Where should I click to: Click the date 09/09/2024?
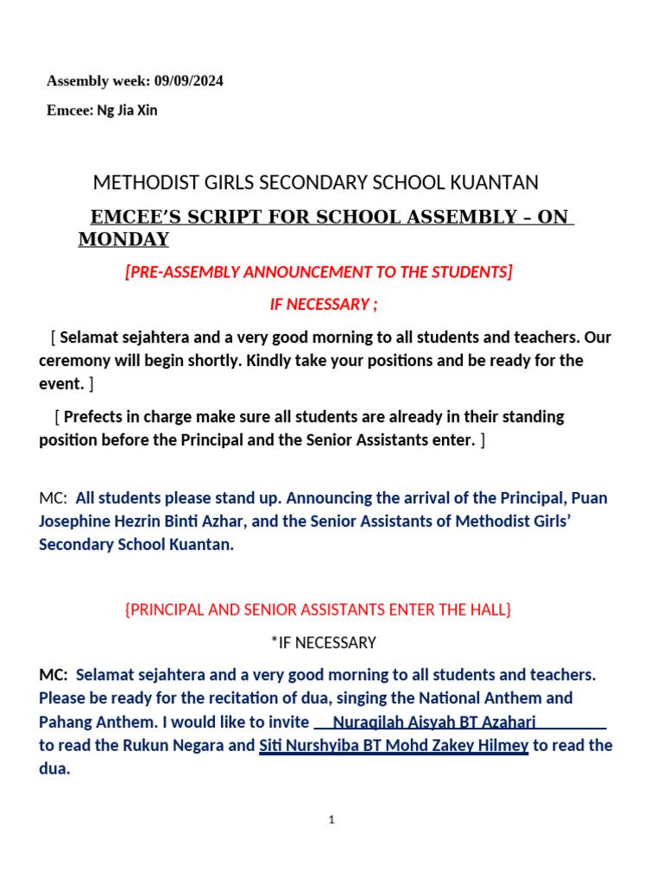tap(189, 81)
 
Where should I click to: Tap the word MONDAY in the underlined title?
tap(123, 239)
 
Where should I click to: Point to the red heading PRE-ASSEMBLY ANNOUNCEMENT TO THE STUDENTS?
tap(319, 272)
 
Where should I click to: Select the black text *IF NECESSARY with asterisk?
tap(323, 642)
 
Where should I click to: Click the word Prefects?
tap(98, 416)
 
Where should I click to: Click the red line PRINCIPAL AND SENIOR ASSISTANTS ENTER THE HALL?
tap(319, 609)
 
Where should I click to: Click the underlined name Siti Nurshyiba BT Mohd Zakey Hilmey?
tap(394, 745)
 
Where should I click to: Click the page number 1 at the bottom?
tap(331, 820)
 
